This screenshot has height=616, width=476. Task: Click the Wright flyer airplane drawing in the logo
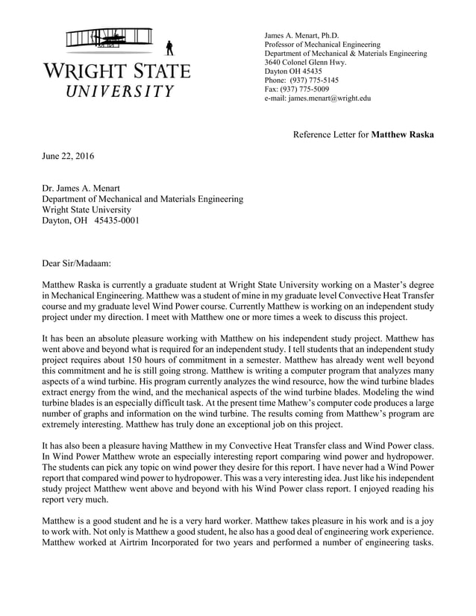click(x=108, y=40)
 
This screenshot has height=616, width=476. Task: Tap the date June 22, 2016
click(x=68, y=156)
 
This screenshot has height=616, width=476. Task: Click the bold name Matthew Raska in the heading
click(x=402, y=135)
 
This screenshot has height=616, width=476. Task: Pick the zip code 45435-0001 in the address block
click(x=116, y=221)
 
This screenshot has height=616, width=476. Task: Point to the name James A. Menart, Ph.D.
click(x=301, y=35)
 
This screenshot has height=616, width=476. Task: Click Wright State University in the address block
click(x=86, y=210)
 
